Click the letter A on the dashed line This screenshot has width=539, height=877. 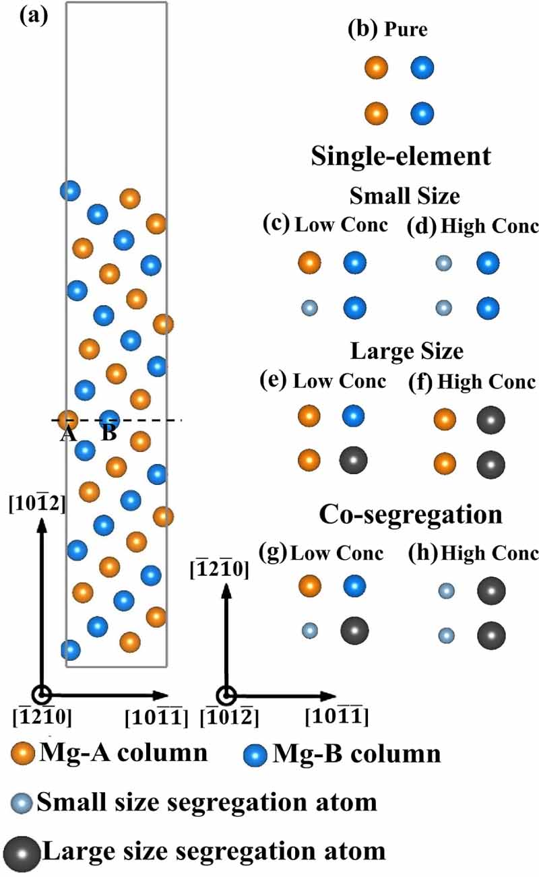pos(67,434)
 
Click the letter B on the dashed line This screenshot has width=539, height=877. pos(108,433)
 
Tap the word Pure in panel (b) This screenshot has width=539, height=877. pos(406,30)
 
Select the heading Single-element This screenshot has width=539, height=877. pos(401,157)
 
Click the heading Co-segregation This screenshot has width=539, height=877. pos(412,515)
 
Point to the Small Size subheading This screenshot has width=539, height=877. pos(404,196)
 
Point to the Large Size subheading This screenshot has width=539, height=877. pos(406,352)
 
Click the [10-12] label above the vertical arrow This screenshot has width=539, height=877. pos(37,503)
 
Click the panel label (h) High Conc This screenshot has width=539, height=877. pos(473,553)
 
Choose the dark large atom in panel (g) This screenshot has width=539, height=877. pos(354,631)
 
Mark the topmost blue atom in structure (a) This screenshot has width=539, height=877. pos(69,191)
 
